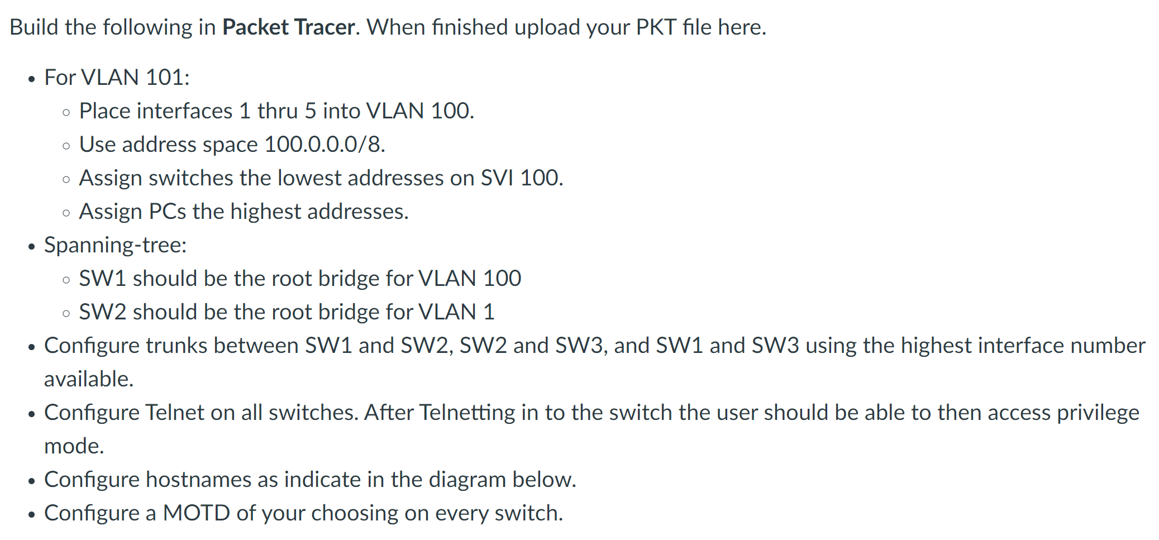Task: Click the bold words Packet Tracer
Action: point(288,27)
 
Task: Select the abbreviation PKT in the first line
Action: point(656,27)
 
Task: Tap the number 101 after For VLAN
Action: point(167,77)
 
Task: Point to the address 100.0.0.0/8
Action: point(324,144)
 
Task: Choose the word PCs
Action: point(167,211)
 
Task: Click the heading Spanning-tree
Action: point(115,245)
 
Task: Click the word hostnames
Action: point(198,479)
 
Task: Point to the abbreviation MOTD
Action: point(196,513)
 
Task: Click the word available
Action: point(88,379)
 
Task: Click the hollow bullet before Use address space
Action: point(66,146)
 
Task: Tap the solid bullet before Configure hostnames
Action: point(32,480)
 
